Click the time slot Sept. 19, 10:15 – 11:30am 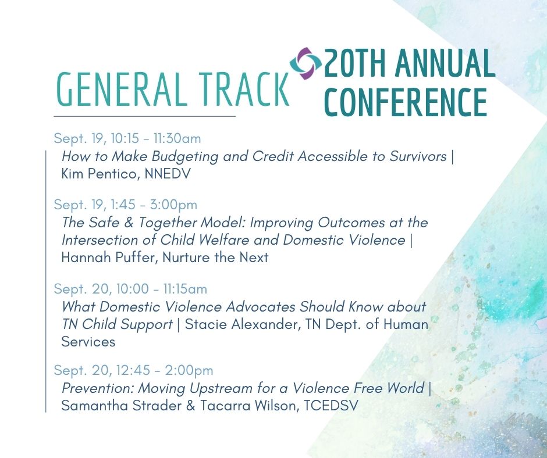(x=127, y=138)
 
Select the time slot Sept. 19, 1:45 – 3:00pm (x=126, y=205)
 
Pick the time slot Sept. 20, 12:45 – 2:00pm (x=133, y=370)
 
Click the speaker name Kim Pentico (x=98, y=174)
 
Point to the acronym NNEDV (x=168, y=174)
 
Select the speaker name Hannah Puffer (x=108, y=257)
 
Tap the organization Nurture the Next (x=215, y=257)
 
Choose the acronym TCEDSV (x=331, y=406)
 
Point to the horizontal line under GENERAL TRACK (x=145, y=116)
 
